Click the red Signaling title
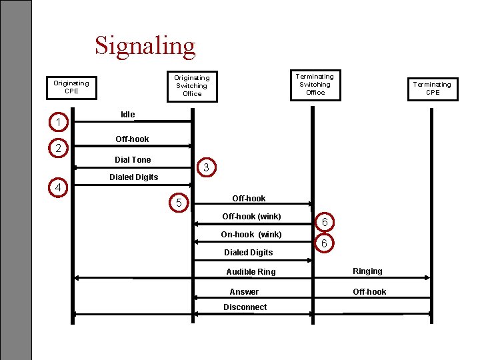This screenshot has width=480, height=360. pos(145,47)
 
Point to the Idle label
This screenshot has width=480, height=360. pos(127,115)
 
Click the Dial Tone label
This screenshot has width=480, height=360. pos(133,160)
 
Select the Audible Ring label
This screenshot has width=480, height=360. pos(251,272)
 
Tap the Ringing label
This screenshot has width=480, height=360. pos(367,271)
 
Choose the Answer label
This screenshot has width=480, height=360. pos(244,292)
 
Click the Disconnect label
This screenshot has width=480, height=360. pos(245,307)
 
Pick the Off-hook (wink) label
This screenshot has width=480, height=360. pos(251,217)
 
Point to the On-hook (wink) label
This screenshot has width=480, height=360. pos(251,235)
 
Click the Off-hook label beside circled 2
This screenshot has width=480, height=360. pos(132,139)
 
